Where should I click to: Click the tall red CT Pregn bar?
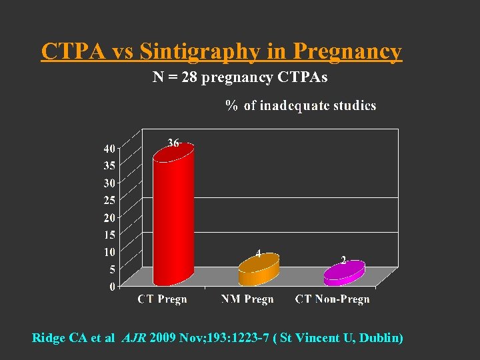[x=173, y=217]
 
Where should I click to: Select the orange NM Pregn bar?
[x=259, y=270]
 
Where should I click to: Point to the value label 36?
[x=173, y=143]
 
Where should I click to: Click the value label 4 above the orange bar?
[x=259, y=253]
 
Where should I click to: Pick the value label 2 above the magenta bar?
[x=343, y=259]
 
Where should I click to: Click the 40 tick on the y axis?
[x=108, y=148]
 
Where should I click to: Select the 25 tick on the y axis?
[x=108, y=200]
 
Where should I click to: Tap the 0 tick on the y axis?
[x=111, y=287]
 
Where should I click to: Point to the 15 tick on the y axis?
[x=108, y=235]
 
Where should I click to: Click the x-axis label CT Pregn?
[x=162, y=299]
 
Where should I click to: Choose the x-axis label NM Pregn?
[x=247, y=299]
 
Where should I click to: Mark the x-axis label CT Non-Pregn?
[x=332, y=299]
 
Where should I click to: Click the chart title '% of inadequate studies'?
[x=301, y=106]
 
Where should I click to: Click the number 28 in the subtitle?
[x=190, y=78]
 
